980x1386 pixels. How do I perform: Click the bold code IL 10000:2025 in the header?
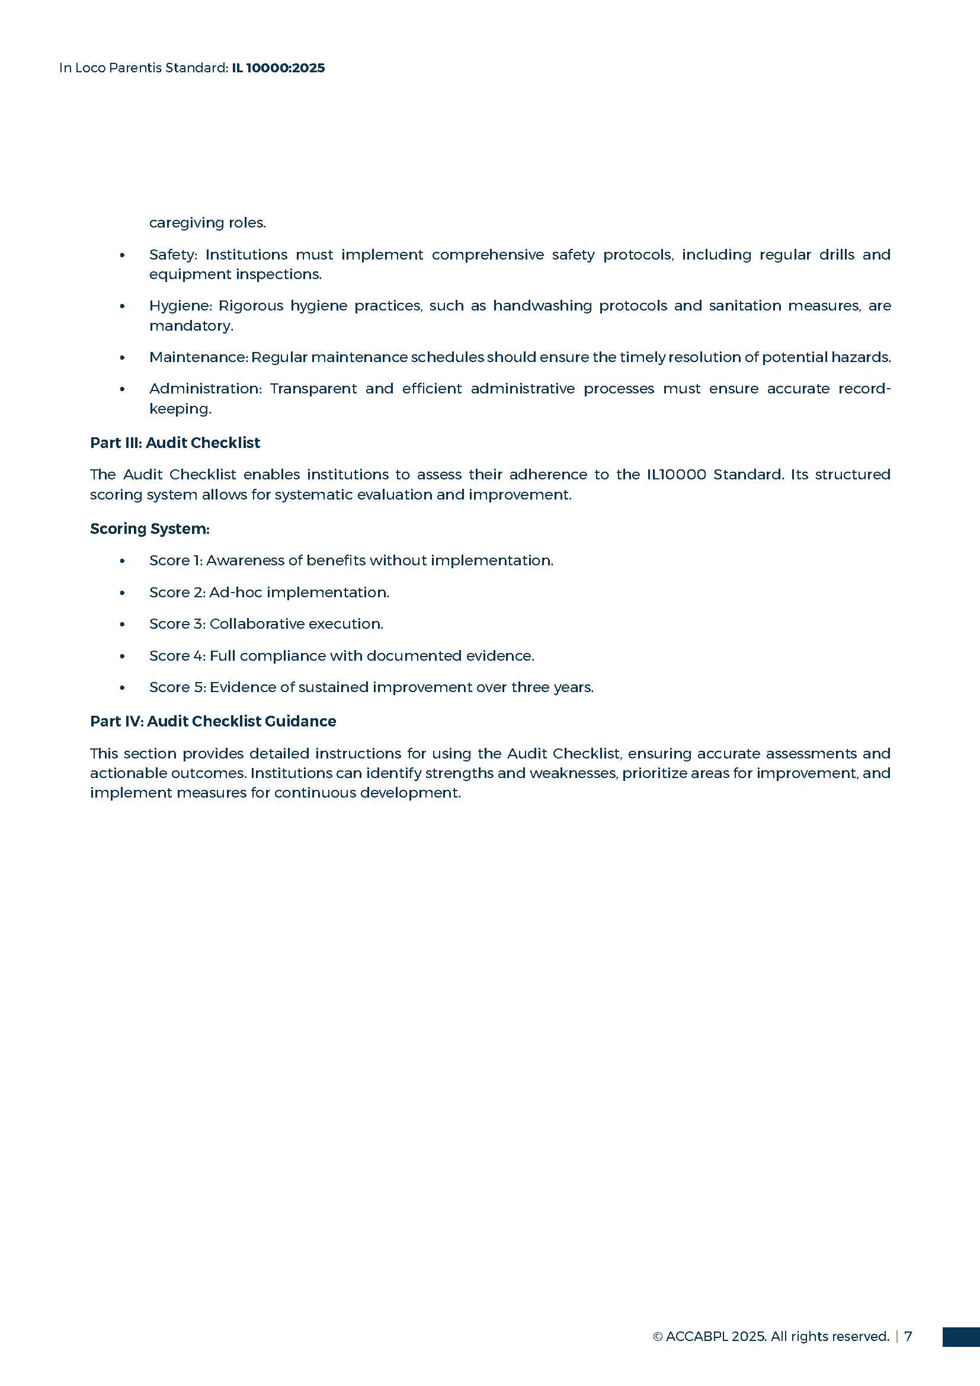[x=278, y=68]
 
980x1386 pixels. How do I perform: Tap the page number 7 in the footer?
[x=908, y=1336]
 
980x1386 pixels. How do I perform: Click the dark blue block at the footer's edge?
[x=960, y=1336]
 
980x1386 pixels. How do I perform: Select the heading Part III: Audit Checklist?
[x=175, y=443]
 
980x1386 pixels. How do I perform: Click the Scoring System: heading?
[x=150, y=529]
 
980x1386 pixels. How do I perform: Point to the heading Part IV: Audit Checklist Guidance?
[x=213, y=721]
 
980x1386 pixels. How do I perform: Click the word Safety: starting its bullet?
[x=173, y=255]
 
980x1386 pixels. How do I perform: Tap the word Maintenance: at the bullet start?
[x=198, y=357]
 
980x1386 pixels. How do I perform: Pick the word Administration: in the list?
[x=205, y=389]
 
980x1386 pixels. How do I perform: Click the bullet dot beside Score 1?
[x=123, y=561]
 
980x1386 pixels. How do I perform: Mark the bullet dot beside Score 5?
[x=123, y=688]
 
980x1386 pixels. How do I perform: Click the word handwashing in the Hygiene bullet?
[x=543, y=306]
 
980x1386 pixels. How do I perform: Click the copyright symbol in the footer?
[x=658, y=1336]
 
